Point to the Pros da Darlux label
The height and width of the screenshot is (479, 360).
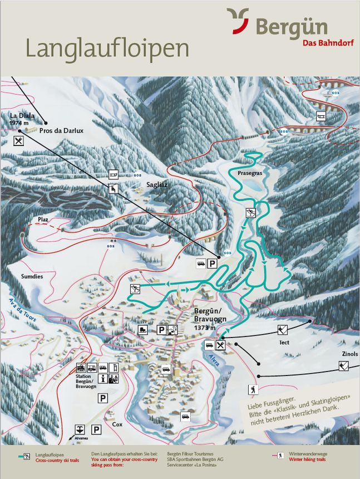click(61, 130)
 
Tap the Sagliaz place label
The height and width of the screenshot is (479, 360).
click(156, 183)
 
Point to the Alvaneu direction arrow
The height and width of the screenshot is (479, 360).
click(80, 429)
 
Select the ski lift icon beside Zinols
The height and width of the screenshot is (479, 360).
click(344, 366)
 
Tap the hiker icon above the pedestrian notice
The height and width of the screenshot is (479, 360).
click(254, 389)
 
